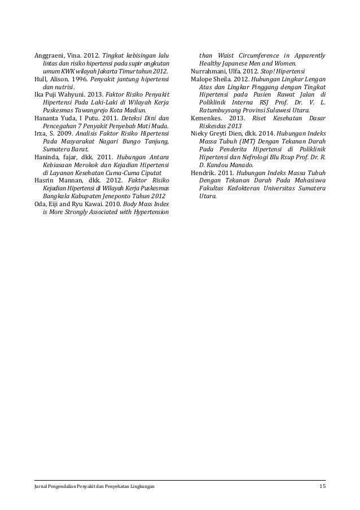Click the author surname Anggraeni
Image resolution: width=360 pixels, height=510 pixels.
click(x=47, y=55)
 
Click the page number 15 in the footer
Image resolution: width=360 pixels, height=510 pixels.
click(x=322, y=486)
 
